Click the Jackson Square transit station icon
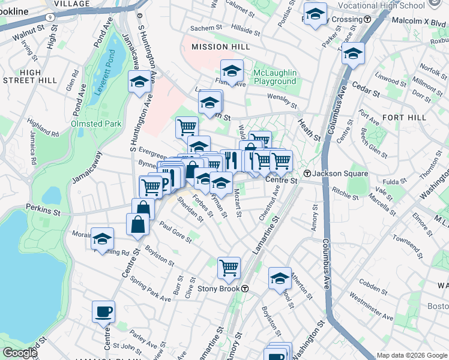coord(307,173)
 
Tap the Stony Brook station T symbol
coord(245,289)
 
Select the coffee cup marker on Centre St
coord(103,312)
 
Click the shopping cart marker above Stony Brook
coord(229,268)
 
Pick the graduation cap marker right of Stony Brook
coord(280,278)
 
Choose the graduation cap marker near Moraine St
coord(102,238)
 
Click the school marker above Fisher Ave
coord(232,70)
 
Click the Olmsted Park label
coord(97,124)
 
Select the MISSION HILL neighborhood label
coord(217,47)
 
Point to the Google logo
coord(19,353)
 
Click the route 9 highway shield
coord(64,3)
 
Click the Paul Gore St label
coord(175,232)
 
